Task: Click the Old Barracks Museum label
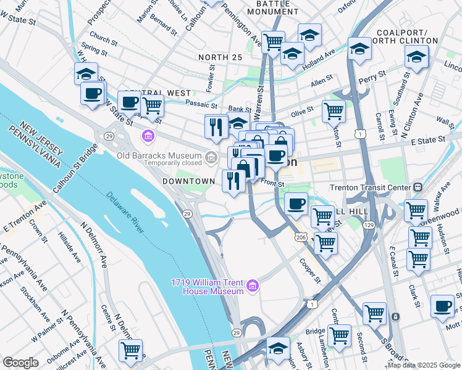click(x=161, y=154)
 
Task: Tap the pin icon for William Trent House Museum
click(x=252, y=286)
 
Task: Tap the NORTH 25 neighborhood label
click(x=220, y=57)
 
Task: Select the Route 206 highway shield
click(x=300, y=237)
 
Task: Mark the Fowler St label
click(x=211, y=82)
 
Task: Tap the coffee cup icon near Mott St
click(x=442, y=306)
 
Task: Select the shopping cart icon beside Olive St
click(x=334, y=111)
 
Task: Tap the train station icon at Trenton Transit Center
click(x=418, y=187)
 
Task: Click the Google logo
click(x=20, y=363)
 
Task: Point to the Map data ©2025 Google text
click(x=424, y=365)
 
